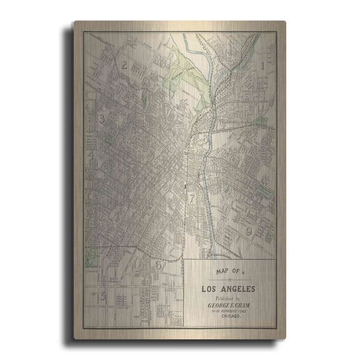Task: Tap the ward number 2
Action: click(x=125, y=64)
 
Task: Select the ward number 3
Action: click(x=101, y=118)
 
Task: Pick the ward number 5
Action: click(x=102, y=296)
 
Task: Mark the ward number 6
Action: click(x=158, y=265)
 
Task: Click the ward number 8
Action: click(x=204, y=139)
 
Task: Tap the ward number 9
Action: click(x=248, y=231)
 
